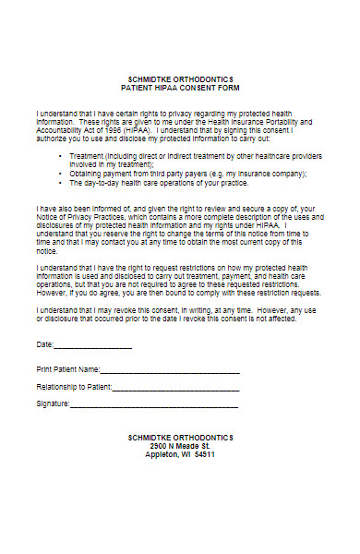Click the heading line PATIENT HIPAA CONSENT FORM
tap(181, 88)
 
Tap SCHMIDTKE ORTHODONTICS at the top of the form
tap(181, 78)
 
